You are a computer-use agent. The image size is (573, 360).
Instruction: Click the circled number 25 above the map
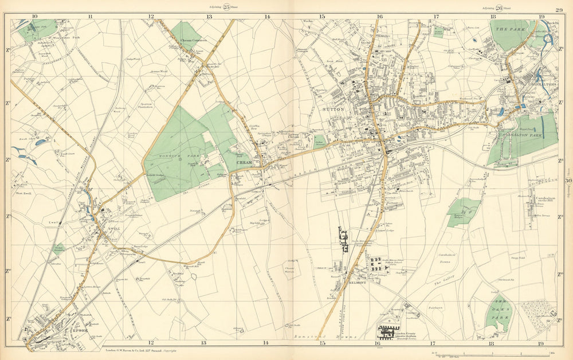coord(226,7)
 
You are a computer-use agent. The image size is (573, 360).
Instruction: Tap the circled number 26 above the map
coord(499,7)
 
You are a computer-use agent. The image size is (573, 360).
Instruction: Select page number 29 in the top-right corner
coord(558,9)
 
